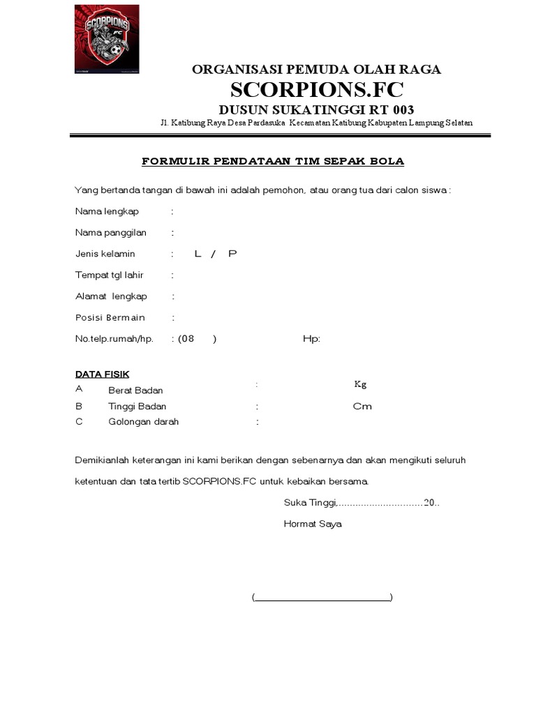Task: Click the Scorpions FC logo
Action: (x=107, y=39)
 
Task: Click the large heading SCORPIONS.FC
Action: (x=316, y=90)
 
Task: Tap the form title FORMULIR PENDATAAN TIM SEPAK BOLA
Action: (x=273, y=162)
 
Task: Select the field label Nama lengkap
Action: (x=107, y=211)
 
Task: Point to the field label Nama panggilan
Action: (x=111, y=233)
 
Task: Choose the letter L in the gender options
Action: (x=198, y=254)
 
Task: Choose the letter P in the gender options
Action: (x=232, y=254)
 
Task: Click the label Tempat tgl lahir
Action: (x=110, y=275)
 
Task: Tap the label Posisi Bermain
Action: (x=110, y=318)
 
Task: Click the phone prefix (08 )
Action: (x=197, y=340)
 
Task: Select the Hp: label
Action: (x=311, y=340)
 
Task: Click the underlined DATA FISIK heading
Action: (x=102, y=374)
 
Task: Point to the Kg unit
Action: (x=360, y=384)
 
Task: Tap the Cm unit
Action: (x=362, y=407)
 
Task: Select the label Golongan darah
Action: (x=143, y=422)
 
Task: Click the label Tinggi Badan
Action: (x=137, y=407)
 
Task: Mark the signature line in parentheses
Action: (x=322, y=598)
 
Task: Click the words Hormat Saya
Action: (x=313, y=524)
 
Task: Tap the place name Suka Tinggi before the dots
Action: (x=310, y=503)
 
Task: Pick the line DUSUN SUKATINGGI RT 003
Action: (x=316, y=109)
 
